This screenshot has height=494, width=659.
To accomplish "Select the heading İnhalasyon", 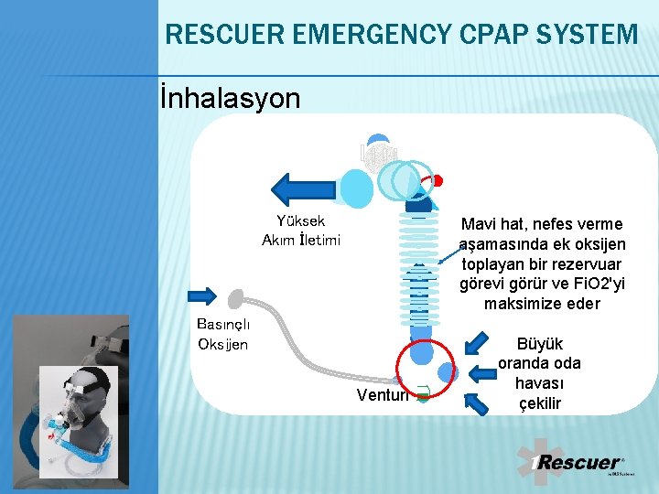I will tap(230, 98).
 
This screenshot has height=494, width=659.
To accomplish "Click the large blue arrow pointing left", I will tap(306, 188).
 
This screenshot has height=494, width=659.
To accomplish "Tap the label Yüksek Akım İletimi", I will tap(300, 231).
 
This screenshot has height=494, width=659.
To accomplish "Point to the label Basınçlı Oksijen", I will tap(222, 334).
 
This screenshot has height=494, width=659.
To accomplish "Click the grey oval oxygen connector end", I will tap(236, 297).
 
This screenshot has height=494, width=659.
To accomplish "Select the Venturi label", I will tap(377, 394).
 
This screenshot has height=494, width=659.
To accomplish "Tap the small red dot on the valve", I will tap(438, 180).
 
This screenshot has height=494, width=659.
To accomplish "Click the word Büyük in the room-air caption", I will tap(541, 344).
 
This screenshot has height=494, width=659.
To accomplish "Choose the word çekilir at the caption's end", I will tap(541, 403).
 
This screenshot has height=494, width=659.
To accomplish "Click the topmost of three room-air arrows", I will tap(478, 343).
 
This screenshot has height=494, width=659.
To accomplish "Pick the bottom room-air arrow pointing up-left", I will tap(478, 402).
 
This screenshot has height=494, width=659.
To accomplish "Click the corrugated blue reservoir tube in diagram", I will tap(418, 265).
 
